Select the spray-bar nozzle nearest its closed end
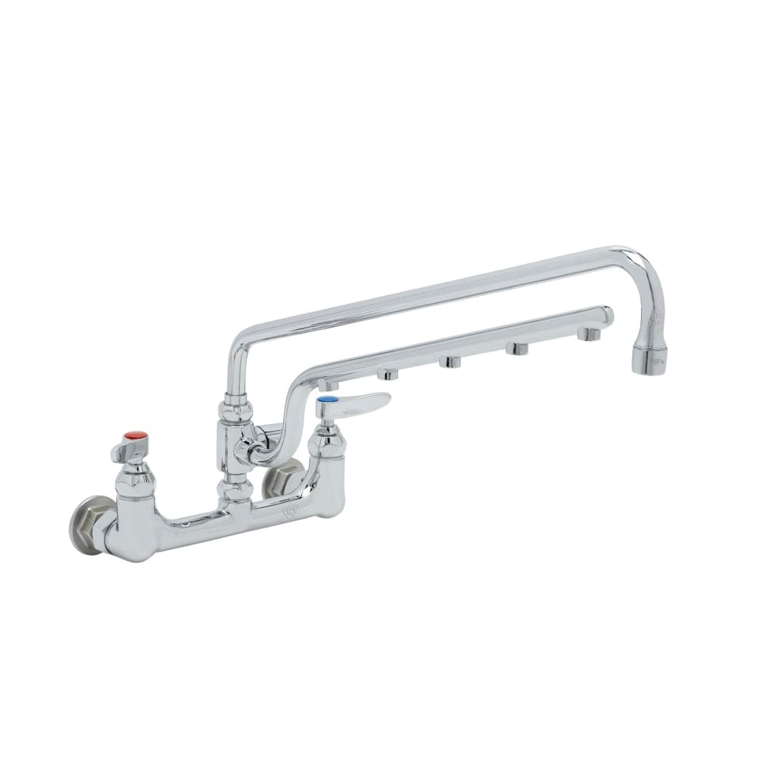coord(587,333)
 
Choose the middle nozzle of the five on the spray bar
coord(451,362)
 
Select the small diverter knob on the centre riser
coord(246,447)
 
